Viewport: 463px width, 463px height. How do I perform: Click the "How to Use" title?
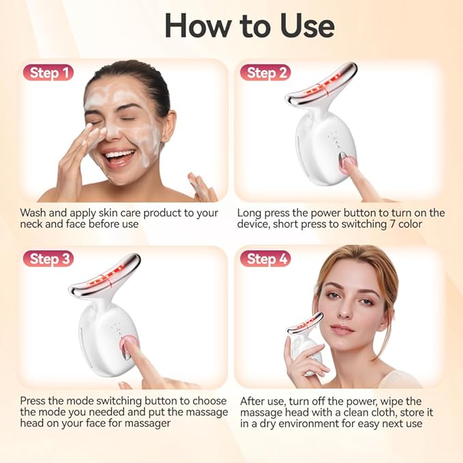250,25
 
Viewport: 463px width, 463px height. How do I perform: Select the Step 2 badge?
265,72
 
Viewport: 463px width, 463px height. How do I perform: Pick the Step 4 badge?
265,258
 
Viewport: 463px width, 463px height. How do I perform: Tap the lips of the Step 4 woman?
342,329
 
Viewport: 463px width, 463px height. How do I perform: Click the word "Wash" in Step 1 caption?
33,213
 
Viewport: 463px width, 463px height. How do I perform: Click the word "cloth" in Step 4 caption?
377,413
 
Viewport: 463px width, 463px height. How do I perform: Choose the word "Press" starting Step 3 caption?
34,401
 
